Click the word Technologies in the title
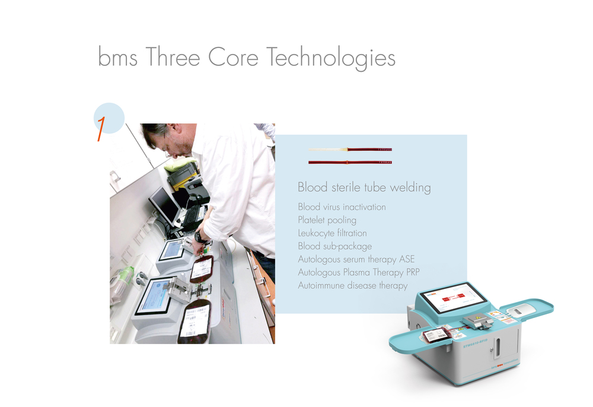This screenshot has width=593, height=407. [x=330, y=58]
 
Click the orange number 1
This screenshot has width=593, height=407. [x=101, y=128]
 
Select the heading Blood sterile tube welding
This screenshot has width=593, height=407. [x=364, y=187]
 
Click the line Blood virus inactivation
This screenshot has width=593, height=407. [x=342, y=207]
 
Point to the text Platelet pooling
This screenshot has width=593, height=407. [x=327, y=220]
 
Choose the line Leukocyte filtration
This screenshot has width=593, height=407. [x=332, y=233]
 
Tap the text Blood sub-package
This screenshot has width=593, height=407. [x=334, y=246]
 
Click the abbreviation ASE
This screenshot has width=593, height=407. [x=407, y=259]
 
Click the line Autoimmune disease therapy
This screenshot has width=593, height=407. [x=352, y=285]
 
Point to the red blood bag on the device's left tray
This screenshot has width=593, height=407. [x=435, y=336]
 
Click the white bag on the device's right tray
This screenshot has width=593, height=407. [x=521, y=310]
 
